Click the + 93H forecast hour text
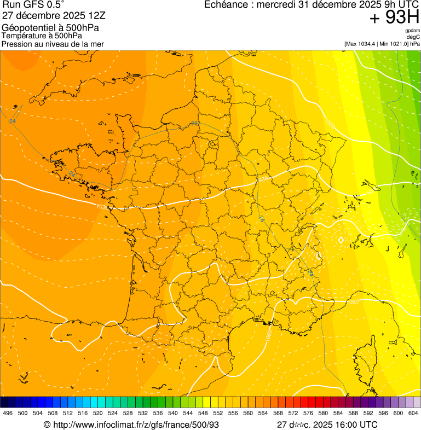coord(394,18)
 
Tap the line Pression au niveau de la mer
coord(53,44)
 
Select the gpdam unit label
coord(413,31)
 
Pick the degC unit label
coord(413,37)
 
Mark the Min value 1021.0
coord(398,44)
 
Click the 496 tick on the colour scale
coord(8,413)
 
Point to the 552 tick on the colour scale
coord(218,413)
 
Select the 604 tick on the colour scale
coord(413,413)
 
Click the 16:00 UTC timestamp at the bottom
coord(350,425)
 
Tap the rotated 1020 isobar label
coord(269,334)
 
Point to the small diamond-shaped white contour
coord(341,240)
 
